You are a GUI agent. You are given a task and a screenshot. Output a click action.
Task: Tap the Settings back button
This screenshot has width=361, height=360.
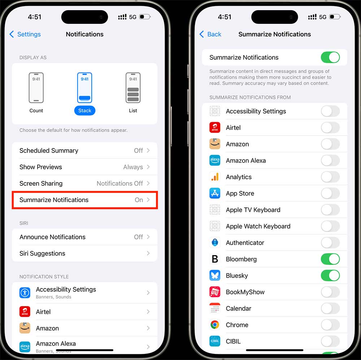25,34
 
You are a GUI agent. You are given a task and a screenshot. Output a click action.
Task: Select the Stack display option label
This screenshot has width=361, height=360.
85,111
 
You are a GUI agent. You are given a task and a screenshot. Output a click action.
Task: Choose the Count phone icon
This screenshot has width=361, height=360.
36,88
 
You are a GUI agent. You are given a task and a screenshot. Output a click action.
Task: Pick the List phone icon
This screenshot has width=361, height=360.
133,88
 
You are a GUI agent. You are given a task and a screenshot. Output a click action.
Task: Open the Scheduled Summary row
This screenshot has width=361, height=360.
84,151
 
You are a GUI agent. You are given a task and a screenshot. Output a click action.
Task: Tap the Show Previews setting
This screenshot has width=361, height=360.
84,167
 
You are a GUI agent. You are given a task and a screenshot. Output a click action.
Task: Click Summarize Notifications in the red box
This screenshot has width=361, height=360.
84,200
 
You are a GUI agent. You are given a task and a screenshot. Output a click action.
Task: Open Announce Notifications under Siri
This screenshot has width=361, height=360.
84,237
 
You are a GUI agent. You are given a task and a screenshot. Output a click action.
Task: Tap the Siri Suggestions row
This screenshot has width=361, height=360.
84,253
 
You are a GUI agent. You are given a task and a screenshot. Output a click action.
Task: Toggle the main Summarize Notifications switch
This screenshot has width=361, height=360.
330,57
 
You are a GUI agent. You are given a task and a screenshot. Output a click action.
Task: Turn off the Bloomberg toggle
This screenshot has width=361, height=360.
330,259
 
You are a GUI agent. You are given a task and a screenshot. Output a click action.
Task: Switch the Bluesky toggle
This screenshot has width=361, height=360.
330,275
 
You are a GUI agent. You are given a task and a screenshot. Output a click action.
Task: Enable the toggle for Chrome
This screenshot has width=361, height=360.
330,325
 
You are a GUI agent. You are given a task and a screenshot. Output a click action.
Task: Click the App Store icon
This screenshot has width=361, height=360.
215,193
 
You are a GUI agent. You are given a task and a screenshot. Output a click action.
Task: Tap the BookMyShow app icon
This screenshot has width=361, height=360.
215,292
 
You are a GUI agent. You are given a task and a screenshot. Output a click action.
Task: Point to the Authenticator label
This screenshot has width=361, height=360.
245,243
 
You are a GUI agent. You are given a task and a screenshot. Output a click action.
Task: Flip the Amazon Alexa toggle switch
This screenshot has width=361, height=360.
330,160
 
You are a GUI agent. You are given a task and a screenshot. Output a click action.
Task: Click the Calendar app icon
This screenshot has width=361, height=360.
215,308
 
